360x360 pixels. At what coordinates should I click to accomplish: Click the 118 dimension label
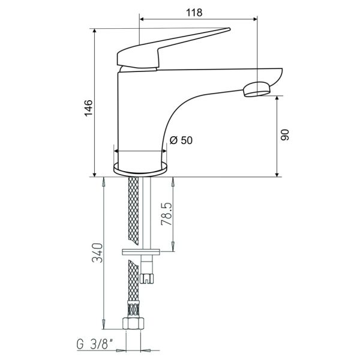point(194,13)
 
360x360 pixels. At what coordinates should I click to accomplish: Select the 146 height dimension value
point(88,108)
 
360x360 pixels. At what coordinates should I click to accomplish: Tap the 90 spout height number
point(285,135)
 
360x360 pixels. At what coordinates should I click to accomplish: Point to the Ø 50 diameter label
point(181,140)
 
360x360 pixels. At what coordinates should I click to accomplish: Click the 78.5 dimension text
point(167,214)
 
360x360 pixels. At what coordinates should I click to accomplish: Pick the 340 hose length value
point(97,253)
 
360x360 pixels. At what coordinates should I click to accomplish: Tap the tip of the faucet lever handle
point(229,29)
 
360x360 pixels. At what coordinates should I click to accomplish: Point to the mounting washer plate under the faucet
point(141,251)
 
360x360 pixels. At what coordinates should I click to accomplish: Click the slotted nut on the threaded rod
point(147,278)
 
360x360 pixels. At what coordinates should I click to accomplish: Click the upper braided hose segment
point(133,211)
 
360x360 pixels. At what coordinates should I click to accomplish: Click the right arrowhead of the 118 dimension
point(255,19)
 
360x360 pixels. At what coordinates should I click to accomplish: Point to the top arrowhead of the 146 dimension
point(94,31)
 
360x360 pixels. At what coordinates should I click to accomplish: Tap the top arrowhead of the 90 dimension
point(277,99)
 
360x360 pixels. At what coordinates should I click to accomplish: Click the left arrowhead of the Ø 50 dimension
point(116,151)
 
